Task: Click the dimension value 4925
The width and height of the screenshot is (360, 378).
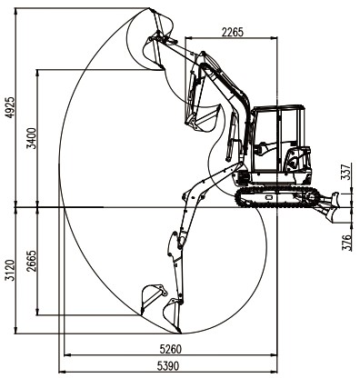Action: tap(10, 107)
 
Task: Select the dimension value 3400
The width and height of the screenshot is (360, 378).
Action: tap(32, 138)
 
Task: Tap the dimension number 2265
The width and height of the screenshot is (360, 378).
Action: tap(233, 32)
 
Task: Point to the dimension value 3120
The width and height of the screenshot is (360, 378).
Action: tap(10, 270)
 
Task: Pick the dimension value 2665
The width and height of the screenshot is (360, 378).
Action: tap(32, 261)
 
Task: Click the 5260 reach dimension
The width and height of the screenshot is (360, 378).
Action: tap(171, 349)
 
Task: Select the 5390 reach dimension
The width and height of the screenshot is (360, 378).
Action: tap(168, 366)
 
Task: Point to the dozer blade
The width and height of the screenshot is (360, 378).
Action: tap(331, 206)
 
